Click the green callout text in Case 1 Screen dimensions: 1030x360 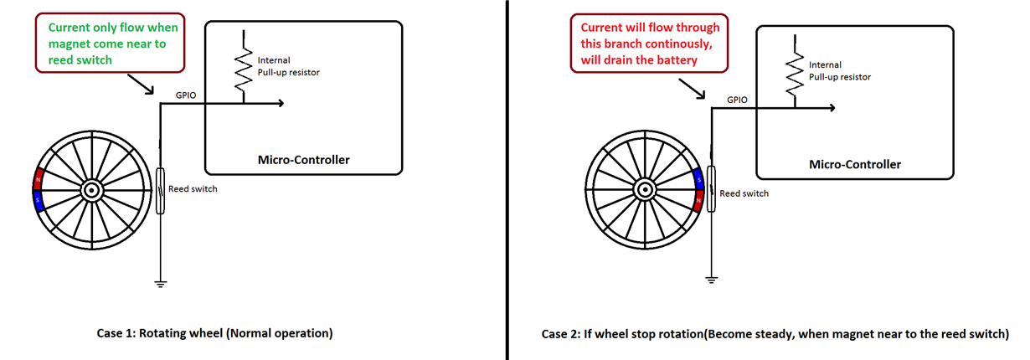pyautogui.click(x=113, y=44)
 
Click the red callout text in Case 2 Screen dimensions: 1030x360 pyautogui.click(x=650, y=44)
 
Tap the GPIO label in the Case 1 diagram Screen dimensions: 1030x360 pyautogui.click(x=186, y=95)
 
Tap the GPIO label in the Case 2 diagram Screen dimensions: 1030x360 pyautogui.click(x=737, y=100)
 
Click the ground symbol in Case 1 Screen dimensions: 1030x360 pyautogui.click(x=160, y=284)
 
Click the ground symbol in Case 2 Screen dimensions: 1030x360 pyautogui.click(x=711, y=280)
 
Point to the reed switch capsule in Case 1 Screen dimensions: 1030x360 pyautogui.click(x=160, y=191)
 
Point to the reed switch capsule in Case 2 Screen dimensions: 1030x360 pyautogui.click(x=711, y=189)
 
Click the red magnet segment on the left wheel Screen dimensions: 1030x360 pyautogui.click(x=39, y=179)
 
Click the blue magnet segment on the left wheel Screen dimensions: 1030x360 pyautogui.click(x=39, y=201)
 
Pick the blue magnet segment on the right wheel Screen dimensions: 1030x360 pyautogui.click(x=698, y=180)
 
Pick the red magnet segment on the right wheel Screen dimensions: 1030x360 pyautogui.click(x=698, y=201)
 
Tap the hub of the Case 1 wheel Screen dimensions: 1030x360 pyautogui.click(x=92, y=190)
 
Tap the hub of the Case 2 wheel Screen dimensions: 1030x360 pyautogui.click(x=645, y=189)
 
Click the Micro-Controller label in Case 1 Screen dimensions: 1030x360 pyautogui.click(x=303, y=160)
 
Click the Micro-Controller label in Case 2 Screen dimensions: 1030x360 pyautogui.click(x=855, y=165)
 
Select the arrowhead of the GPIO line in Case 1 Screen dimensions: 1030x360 pyautogui.click(x=281, y=104)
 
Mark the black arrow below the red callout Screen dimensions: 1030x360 pyautogui.click(x=692, y=89)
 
